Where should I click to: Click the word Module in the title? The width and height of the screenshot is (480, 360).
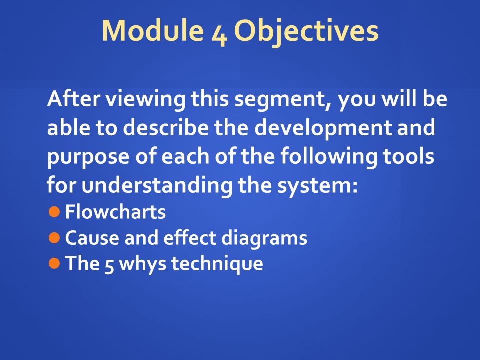[153, 30]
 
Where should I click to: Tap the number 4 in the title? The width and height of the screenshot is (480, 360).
[219, 34]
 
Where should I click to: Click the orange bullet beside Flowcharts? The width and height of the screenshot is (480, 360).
[54, 212]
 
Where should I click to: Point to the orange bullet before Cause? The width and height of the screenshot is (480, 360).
[54, 238]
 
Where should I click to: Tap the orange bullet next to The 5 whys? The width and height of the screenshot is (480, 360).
[54, 263]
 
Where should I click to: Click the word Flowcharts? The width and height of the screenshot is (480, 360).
[115, 212]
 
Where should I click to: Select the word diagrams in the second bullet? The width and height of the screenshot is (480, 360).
[264, 239]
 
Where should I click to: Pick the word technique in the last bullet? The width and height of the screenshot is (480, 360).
[217, 264]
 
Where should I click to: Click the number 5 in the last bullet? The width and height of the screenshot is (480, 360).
[109, 265]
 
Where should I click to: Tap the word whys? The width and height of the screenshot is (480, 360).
[142, 264]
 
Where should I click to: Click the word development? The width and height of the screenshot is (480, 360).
[323, 128]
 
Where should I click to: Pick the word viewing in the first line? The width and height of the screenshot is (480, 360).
[145, 100]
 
